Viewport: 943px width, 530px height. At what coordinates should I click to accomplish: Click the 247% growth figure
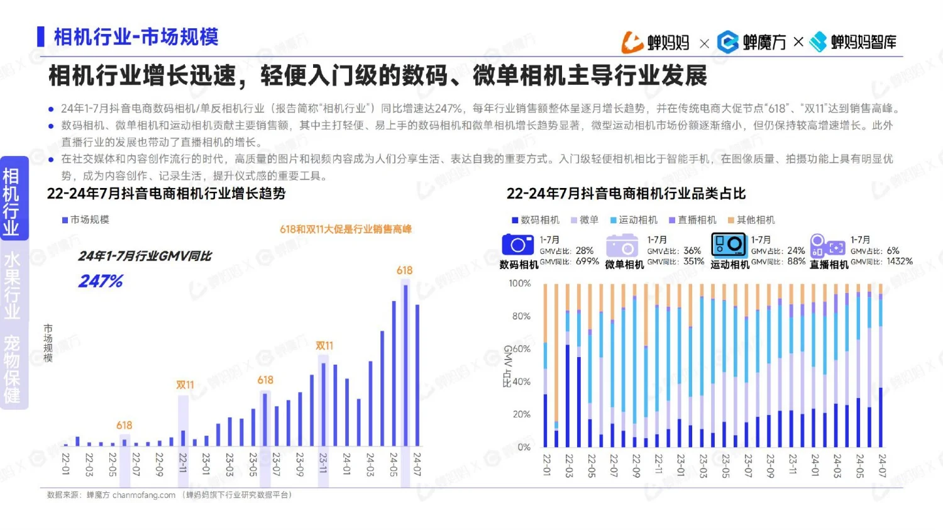pyautogui.click(x=101, y=281)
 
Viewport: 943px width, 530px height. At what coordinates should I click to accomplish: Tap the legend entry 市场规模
pyautogui.click(x=86, y=219)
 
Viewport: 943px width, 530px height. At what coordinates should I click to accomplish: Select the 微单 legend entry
pyautogui.click(x=585, y=219)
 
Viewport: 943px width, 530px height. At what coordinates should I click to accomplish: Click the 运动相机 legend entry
pyautogui.click(x=634, y=219)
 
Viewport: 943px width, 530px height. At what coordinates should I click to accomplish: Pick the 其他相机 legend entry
pyautogui.click(x=751, y=219)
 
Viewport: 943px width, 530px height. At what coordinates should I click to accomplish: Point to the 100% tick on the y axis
pyautogui.click(x=519, y=284)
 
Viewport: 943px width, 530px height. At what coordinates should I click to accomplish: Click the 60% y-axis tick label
pyautogui.click(x=521, y=349)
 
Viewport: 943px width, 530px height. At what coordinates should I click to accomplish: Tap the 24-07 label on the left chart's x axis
pyautogui.click(x=416, y=464)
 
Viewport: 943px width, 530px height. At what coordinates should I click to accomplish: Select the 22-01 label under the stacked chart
pyautogui.click(x=546, y=465)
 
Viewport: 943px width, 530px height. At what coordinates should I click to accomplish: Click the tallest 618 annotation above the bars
pyautogui.click(x=404, y=270)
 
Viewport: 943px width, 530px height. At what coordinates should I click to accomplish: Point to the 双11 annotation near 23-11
pyautogui.click(x=324, y=346)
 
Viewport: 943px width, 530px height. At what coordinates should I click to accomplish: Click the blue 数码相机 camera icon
pyautogui.click(x=517, y=245)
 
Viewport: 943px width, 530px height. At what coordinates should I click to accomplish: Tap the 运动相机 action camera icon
pyautogui.click(x=728, y=244)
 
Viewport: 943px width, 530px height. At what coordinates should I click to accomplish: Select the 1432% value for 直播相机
pyautogui.click(x=899, y=262)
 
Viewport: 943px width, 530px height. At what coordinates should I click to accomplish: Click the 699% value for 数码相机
pyautogui.click(x=587, y=262)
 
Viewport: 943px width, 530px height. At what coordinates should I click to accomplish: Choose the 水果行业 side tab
pyautogui.click(x=12, y=285)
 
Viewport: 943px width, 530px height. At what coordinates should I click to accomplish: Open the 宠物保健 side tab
pyautogui.click(x=12, y=368)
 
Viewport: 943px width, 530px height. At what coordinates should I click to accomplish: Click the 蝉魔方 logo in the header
pyautogui.click(x=752, y=42)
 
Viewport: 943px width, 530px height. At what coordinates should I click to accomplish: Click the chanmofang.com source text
pyautogui.click(x=143, y=495)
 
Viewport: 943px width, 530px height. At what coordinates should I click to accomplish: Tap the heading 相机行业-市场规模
pyautogui.click(x=136, y=37)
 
